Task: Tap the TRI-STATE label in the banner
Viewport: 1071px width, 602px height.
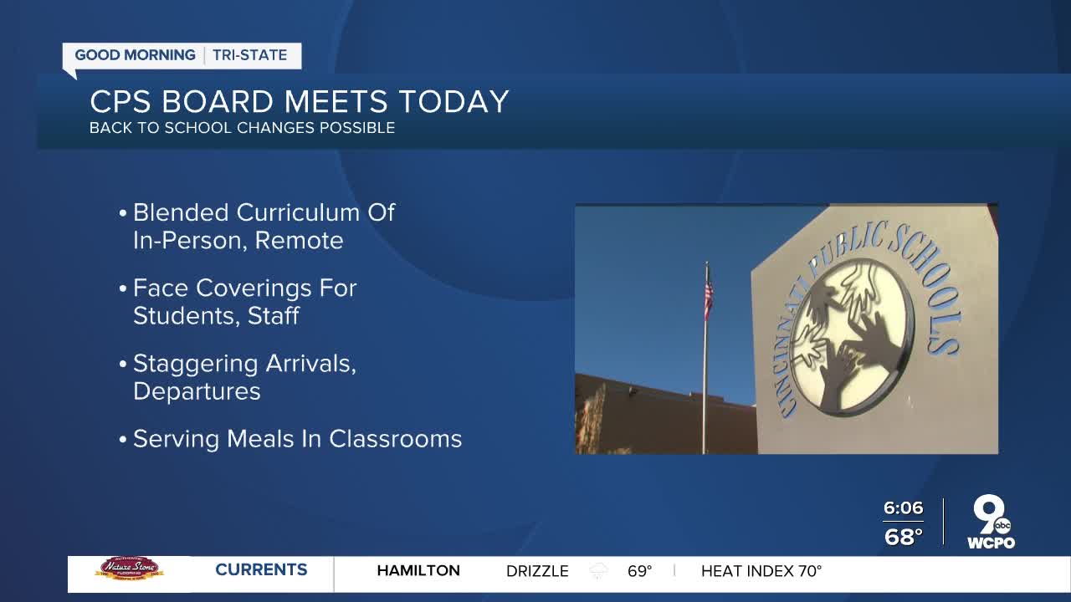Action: [250, 55]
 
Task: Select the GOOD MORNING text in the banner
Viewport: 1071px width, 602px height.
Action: [136, 55]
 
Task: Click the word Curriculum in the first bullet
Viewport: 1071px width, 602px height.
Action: [298, 212]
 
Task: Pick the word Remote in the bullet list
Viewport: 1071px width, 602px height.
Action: [299, 240]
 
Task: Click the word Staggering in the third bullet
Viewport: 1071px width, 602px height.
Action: [196, 365]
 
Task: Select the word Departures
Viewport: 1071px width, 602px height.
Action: [197, 392]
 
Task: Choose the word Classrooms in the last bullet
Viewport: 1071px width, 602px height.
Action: [396, 439]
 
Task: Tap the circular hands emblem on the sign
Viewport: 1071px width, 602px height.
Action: [851, 337]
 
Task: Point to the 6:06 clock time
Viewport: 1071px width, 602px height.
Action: [903, 508]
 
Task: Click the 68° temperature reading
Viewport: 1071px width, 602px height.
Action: [903, 537]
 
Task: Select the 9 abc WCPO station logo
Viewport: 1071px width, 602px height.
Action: [992, 523]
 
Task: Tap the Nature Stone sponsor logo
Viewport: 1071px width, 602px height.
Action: [130, 568]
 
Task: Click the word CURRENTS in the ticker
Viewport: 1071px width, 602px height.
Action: [261, 570]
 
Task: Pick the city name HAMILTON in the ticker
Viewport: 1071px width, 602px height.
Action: [418, 570]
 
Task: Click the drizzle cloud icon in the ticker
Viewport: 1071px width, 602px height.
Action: [598, 570]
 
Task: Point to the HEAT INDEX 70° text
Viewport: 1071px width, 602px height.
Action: [761, 570]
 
